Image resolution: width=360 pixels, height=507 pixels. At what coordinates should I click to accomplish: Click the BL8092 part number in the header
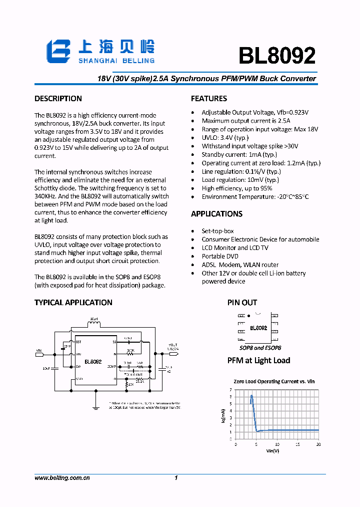(x=276, y=56)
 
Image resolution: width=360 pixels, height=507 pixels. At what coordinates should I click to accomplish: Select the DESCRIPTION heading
(x=58, y=99)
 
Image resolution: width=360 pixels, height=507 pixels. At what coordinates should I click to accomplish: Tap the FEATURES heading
(x=208, y=99)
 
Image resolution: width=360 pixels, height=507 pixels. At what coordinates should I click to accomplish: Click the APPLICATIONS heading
(x=216, y=214)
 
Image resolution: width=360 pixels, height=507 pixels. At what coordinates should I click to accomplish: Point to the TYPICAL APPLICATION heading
(x=73, y=303)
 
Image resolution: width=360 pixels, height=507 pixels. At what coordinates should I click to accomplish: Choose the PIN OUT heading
(x=242, y=303)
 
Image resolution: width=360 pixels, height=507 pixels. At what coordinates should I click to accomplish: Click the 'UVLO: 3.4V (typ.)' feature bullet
(x=225, y=138)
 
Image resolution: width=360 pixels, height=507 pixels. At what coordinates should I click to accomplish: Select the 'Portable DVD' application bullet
(x=220, y=257)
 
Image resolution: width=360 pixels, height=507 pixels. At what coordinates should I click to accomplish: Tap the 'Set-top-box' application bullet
(x=217, y=231)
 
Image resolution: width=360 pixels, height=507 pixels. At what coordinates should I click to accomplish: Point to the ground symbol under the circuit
(x=95, y=407)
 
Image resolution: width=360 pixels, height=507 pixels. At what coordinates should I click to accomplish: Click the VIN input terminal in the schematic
(x=39, y=354)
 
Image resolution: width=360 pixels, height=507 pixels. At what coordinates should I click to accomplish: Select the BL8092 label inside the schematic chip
(x=93, y=361)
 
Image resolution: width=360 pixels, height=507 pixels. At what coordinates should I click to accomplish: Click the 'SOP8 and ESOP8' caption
(x=260, y=348)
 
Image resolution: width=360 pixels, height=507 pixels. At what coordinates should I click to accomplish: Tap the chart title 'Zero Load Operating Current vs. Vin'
(x=274, y=382)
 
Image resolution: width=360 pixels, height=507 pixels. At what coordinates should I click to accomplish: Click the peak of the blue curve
(x=251, y=396)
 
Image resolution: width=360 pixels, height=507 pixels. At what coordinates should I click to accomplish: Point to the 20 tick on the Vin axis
(x=318, y=444)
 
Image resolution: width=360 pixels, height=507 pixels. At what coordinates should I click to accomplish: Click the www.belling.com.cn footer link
(x=62, y=478)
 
